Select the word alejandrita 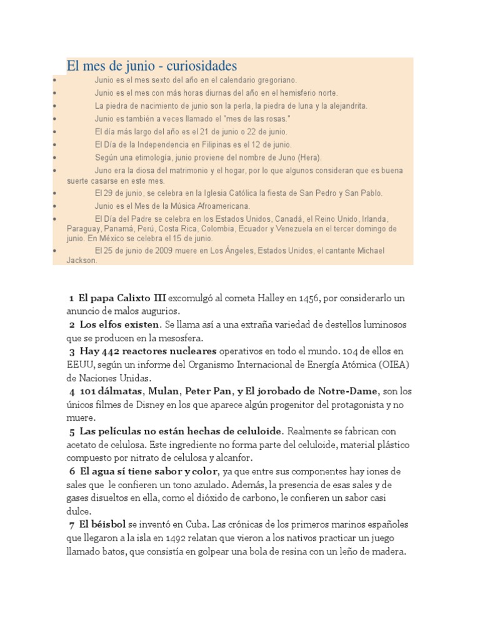[x=345, y=106]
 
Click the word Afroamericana [x=219, y=206]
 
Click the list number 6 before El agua [x=72, y=471]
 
